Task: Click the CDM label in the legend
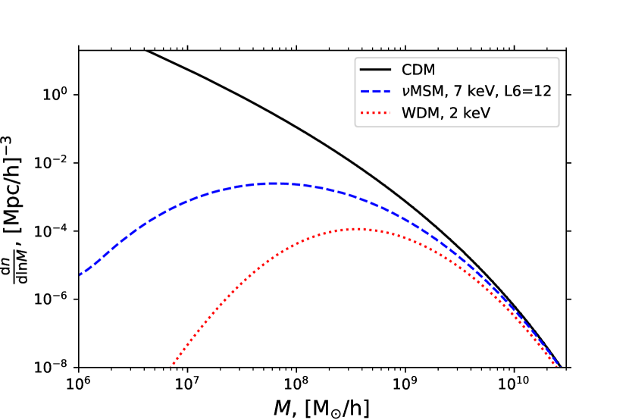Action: point(418,71)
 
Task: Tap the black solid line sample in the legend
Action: point(374,71)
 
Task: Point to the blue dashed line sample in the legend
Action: point(374,92)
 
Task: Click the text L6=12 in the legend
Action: point(530,92)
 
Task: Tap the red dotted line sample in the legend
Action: point(374,114)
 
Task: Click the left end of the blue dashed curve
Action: point(80,274)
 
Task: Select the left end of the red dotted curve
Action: point(172,365)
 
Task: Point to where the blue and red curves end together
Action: point(557,365)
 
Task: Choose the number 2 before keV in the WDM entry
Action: point(449,114)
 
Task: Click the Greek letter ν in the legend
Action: point(405,92)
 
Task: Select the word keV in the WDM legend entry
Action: point(474,114)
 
